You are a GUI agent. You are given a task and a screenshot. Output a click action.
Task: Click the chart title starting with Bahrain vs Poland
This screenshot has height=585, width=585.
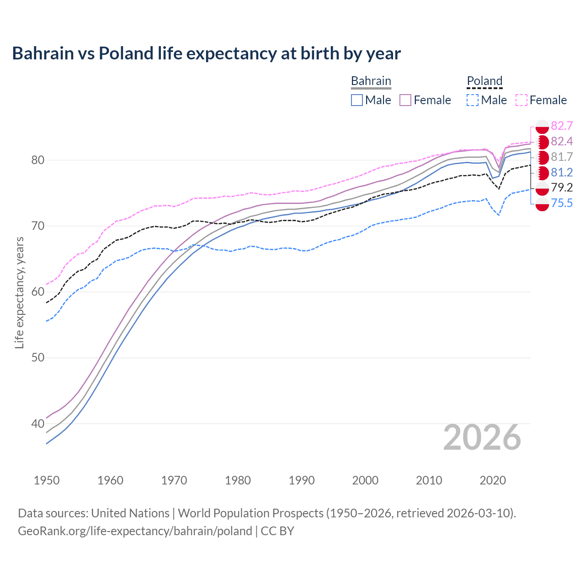pos(206,53)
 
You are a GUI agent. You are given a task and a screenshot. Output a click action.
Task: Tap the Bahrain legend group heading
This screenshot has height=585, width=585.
pos(371,81)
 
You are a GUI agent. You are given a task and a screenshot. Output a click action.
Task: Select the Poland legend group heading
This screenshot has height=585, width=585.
pos(484,81)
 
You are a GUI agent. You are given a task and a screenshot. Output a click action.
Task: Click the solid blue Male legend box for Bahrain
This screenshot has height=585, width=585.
pos(357,100)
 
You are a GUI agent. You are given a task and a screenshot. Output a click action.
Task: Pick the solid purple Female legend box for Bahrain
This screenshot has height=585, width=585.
pos(405,100)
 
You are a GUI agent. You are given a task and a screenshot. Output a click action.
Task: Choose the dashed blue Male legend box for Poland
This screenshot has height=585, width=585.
pos(473,100)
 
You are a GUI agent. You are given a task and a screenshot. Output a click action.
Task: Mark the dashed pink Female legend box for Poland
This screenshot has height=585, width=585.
pos(521,100)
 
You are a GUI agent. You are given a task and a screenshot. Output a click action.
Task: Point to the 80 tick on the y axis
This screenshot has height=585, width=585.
pos(38,160)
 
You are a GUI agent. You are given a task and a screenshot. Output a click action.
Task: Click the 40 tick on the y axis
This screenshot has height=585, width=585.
pos(38,424)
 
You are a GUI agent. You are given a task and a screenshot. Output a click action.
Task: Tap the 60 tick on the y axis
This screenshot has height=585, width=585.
pos(38,292)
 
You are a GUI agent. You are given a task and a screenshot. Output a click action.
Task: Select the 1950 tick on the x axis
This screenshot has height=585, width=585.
pos(47,480)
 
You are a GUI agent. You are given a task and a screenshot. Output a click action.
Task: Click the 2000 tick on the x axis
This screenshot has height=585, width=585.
pos(365,480)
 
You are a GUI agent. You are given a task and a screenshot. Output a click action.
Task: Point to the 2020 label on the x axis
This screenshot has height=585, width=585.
pos(493,480)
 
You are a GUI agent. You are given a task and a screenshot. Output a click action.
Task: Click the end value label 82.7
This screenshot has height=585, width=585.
pos(562,126)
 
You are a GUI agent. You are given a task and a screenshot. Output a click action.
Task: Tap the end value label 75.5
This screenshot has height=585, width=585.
pos(562,203)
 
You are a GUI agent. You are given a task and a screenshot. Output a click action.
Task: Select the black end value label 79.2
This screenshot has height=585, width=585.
pos(562,187)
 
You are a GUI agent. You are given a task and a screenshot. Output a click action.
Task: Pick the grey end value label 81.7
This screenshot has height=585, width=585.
pos(562,157)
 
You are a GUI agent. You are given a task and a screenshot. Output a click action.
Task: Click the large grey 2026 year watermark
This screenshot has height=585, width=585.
pos(482,437)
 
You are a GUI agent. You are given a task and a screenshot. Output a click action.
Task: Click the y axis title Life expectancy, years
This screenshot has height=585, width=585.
pos(19,292)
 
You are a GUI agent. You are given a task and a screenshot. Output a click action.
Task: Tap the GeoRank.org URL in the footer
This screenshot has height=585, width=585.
pos(135,531)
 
